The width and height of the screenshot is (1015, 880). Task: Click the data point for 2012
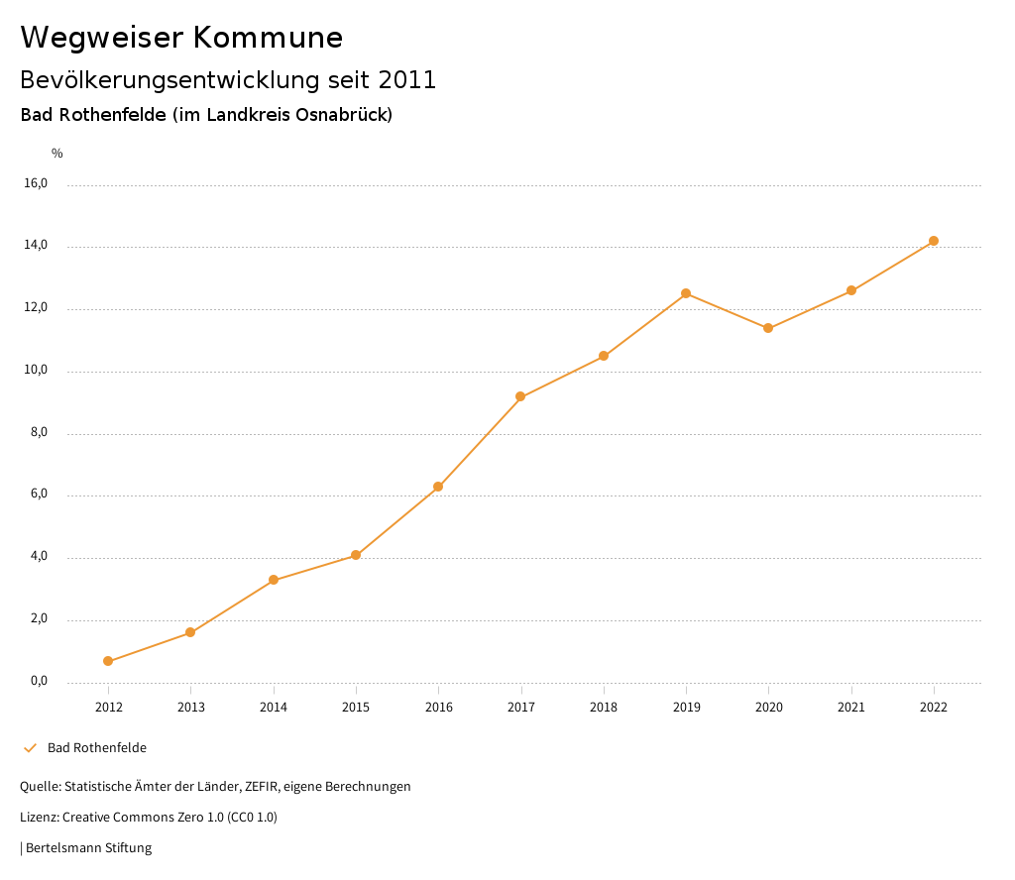[x=108, y=661]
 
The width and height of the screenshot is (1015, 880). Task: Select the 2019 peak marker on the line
[x=686, y=293]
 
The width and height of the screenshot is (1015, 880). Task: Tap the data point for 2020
[x=768, y=328]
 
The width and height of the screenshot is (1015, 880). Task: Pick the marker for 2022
[x=934, y=241]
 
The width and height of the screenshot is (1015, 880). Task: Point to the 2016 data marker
[x=438, y=487]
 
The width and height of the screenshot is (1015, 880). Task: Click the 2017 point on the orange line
[x=520, y=396]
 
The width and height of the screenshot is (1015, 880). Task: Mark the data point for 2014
[x=274, y=580]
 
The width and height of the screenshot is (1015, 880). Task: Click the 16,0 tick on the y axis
[x=36, y=183]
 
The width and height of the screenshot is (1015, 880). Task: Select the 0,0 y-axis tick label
[x=36, y=681]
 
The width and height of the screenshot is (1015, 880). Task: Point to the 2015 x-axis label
[x=356, y=707]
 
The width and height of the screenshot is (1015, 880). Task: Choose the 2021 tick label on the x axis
[x=851, y=707]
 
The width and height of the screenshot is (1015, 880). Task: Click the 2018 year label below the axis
[x=604, y=707]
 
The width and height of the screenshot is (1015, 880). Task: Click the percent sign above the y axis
[x=57, y=153]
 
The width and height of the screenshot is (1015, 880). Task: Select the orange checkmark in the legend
[x=30, y=748]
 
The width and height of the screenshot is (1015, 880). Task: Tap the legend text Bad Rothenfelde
[x=97, y=748]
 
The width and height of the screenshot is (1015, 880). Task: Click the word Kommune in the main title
[x=268, y=38]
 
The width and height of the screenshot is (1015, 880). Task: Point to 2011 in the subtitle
[x=407, y=79]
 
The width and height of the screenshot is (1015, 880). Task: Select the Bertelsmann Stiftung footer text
[x=88, y=848]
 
